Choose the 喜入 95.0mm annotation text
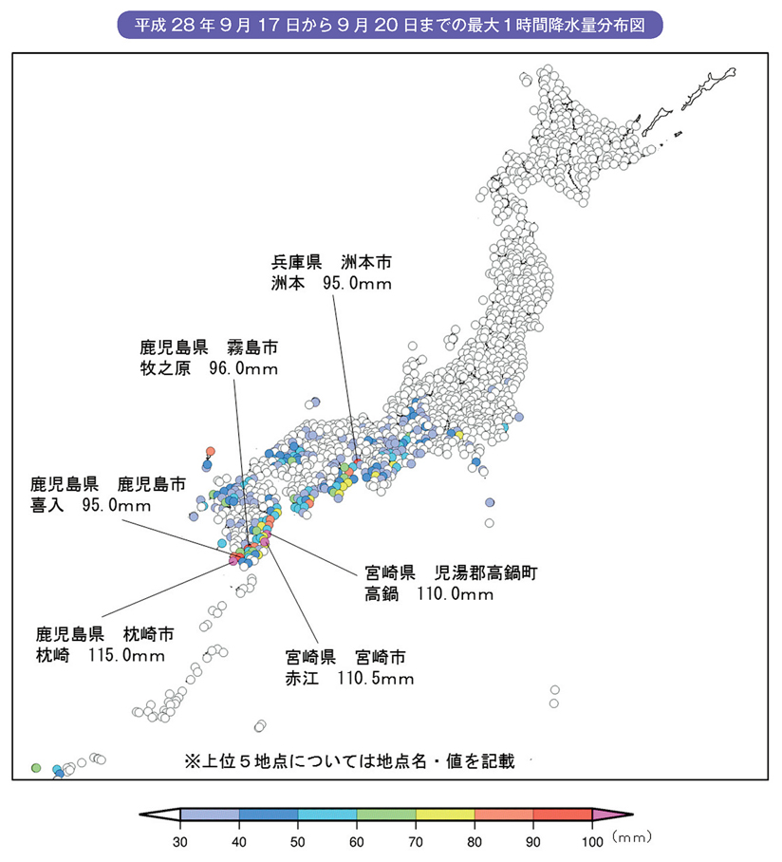pyautogui.click(x=91, y=505)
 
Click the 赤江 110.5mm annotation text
pyautogui.click(x=349, y=679)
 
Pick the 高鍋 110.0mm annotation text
pyautogui.click(x=429, y=595)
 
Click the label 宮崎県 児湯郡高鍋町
pyautogui.click(x=452, y=572)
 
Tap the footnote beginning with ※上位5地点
pyautogui.click(x=349, y=760)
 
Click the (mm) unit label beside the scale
pyautogui.click(x=631, y=836)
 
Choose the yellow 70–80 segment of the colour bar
pyautogui.click(x=445, y=815)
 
